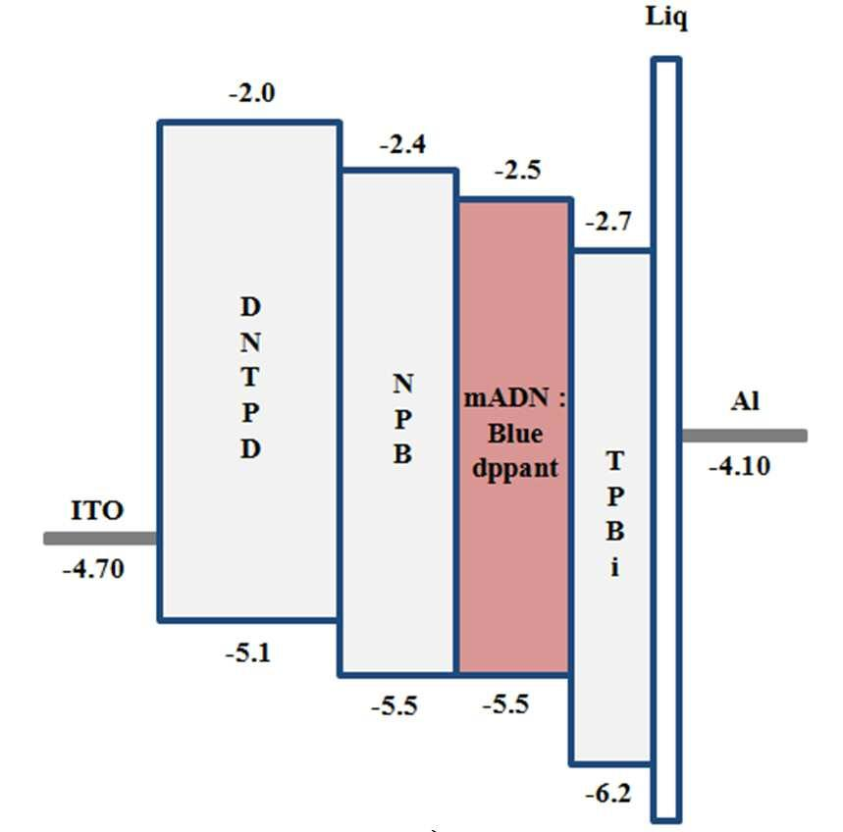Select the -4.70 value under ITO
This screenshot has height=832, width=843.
click(x=93, y=569)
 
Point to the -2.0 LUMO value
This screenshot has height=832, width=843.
click(x=252, y=95)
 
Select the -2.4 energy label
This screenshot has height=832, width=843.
click(x=402, y=145)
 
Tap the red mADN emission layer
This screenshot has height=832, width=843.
click(x=514, y=569)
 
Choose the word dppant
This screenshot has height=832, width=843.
click(x=515, y=468)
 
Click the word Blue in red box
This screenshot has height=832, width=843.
click(x=515, y=435)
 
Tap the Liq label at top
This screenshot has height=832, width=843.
click(x=666, y=18)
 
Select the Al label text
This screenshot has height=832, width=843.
click(x=745, y=401)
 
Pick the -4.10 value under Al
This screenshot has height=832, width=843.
click(x=739, y=467)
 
